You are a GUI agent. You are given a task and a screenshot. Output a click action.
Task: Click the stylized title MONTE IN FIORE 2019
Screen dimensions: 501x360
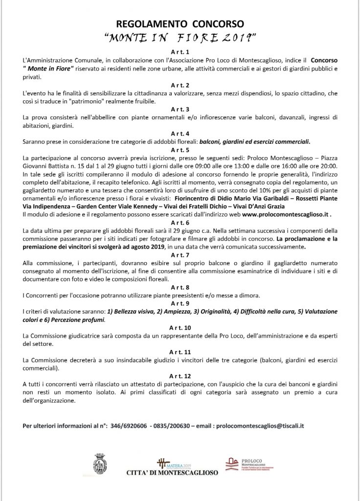click(x=180, y=37)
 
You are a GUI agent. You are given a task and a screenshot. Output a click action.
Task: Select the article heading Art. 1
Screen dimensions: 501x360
click(x=180, y=50)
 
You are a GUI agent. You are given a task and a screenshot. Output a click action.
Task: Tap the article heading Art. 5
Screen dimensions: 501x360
click(x=180, y=150)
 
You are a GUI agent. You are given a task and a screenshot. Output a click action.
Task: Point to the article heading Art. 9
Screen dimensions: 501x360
click(x=180, y=303)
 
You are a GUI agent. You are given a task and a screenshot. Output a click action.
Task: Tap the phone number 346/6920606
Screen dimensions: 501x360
click(x=135, y=426)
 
